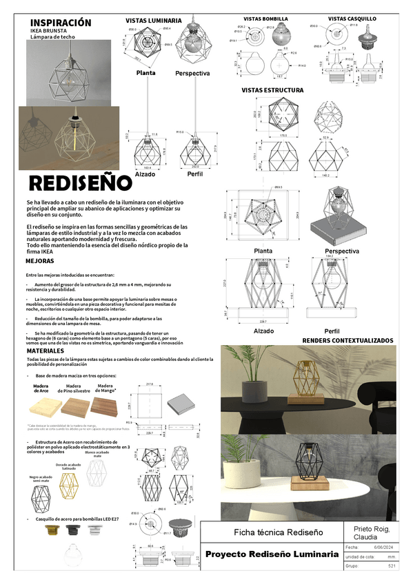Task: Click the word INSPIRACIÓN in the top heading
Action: coord(61,22)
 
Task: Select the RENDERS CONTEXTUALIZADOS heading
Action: coord(347,340)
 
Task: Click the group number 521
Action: coord(391,565)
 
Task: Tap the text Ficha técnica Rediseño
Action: coord(269,532)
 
